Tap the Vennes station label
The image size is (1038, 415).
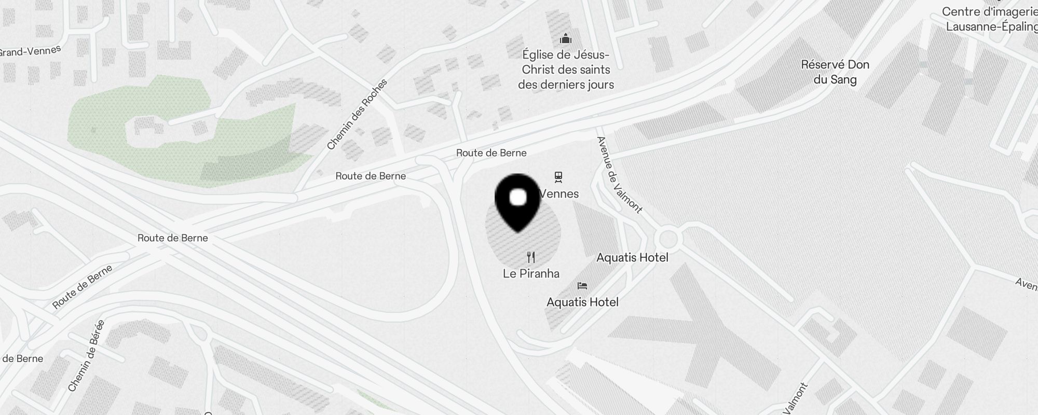click(x=559, y=194)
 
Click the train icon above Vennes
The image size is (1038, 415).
click(x=558, y=177)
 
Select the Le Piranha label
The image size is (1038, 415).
click(x=531, y=273)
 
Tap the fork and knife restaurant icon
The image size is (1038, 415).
click(x=531, y=257)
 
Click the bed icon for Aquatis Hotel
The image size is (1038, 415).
click(x=582, y=286)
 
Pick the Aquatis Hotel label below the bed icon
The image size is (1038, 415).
click(x=582, y=302)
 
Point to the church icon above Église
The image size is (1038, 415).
click(x=565, y=39)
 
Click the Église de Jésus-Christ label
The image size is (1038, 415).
click(x=566, y=70)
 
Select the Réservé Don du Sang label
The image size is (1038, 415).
click(x=835, y=72)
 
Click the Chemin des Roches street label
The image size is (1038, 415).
click(x=357, y=114)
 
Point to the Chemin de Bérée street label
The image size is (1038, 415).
click(x=86, y=356)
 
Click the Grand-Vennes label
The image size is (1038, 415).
click(x=30, y=52)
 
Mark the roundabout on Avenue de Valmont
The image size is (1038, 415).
click(x=667, y=239)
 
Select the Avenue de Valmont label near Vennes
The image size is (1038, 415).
click(x=619, y=175)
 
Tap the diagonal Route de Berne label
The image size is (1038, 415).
click(x=83, y=287)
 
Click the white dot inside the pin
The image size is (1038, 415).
click(x=518, y=198)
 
